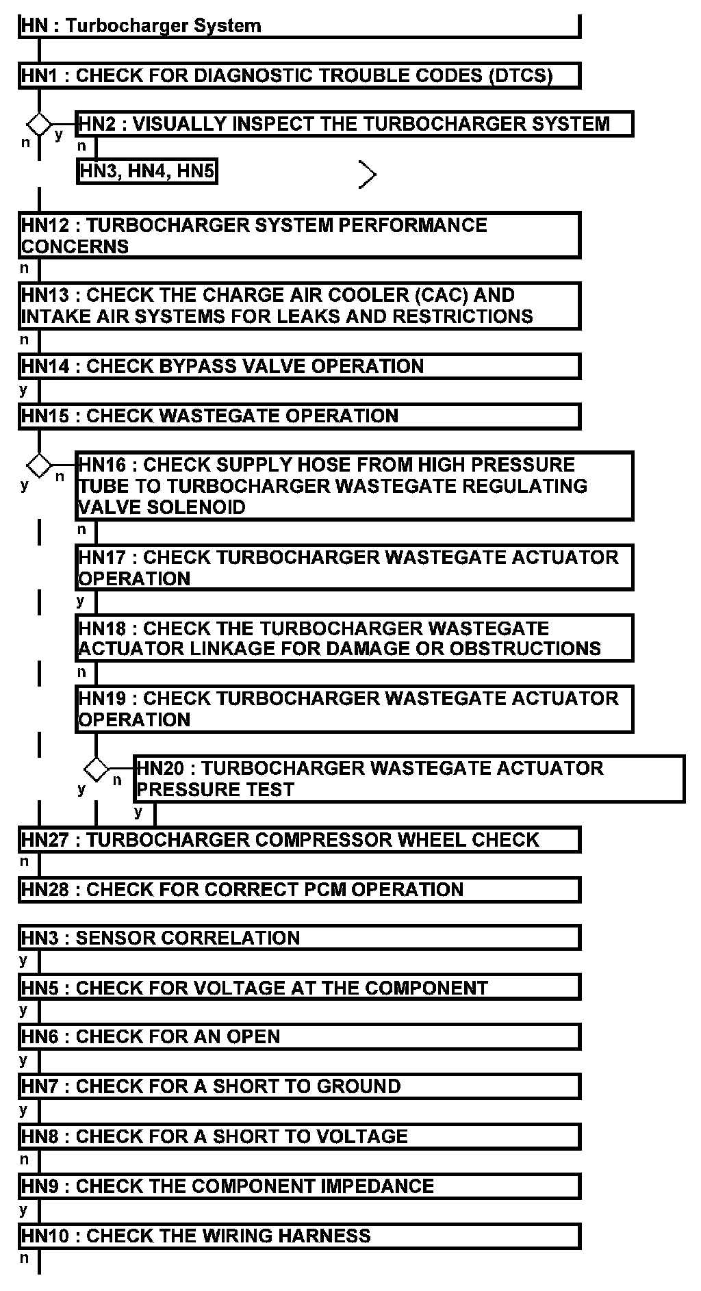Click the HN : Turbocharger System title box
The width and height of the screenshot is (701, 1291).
point(299,26)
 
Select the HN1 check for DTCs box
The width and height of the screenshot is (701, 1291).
point(299,75)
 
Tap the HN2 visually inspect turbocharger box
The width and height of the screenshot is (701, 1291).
point(354,124)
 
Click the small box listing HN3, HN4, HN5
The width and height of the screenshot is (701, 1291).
point(146,170)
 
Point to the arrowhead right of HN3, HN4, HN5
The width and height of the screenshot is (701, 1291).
point(368,175)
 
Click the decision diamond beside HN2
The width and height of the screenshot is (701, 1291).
point(39,125)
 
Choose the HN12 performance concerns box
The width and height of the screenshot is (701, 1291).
point(299,235)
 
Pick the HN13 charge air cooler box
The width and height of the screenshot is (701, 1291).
point(299,306)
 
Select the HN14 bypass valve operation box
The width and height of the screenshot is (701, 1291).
point(299,366)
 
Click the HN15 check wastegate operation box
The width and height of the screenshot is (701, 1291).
point(299,416)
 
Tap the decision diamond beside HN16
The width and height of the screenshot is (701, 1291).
point(39,465)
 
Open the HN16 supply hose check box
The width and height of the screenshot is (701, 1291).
point(354,485)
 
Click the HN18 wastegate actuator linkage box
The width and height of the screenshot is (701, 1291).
point(354,638)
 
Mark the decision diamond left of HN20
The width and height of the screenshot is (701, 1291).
point(96,769)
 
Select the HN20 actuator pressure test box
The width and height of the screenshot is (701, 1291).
point(409,778)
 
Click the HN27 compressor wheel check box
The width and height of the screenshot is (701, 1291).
point(299,839)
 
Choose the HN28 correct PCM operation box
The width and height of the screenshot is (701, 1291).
point(299,889)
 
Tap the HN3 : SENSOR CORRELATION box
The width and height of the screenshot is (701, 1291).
point(299,938)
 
